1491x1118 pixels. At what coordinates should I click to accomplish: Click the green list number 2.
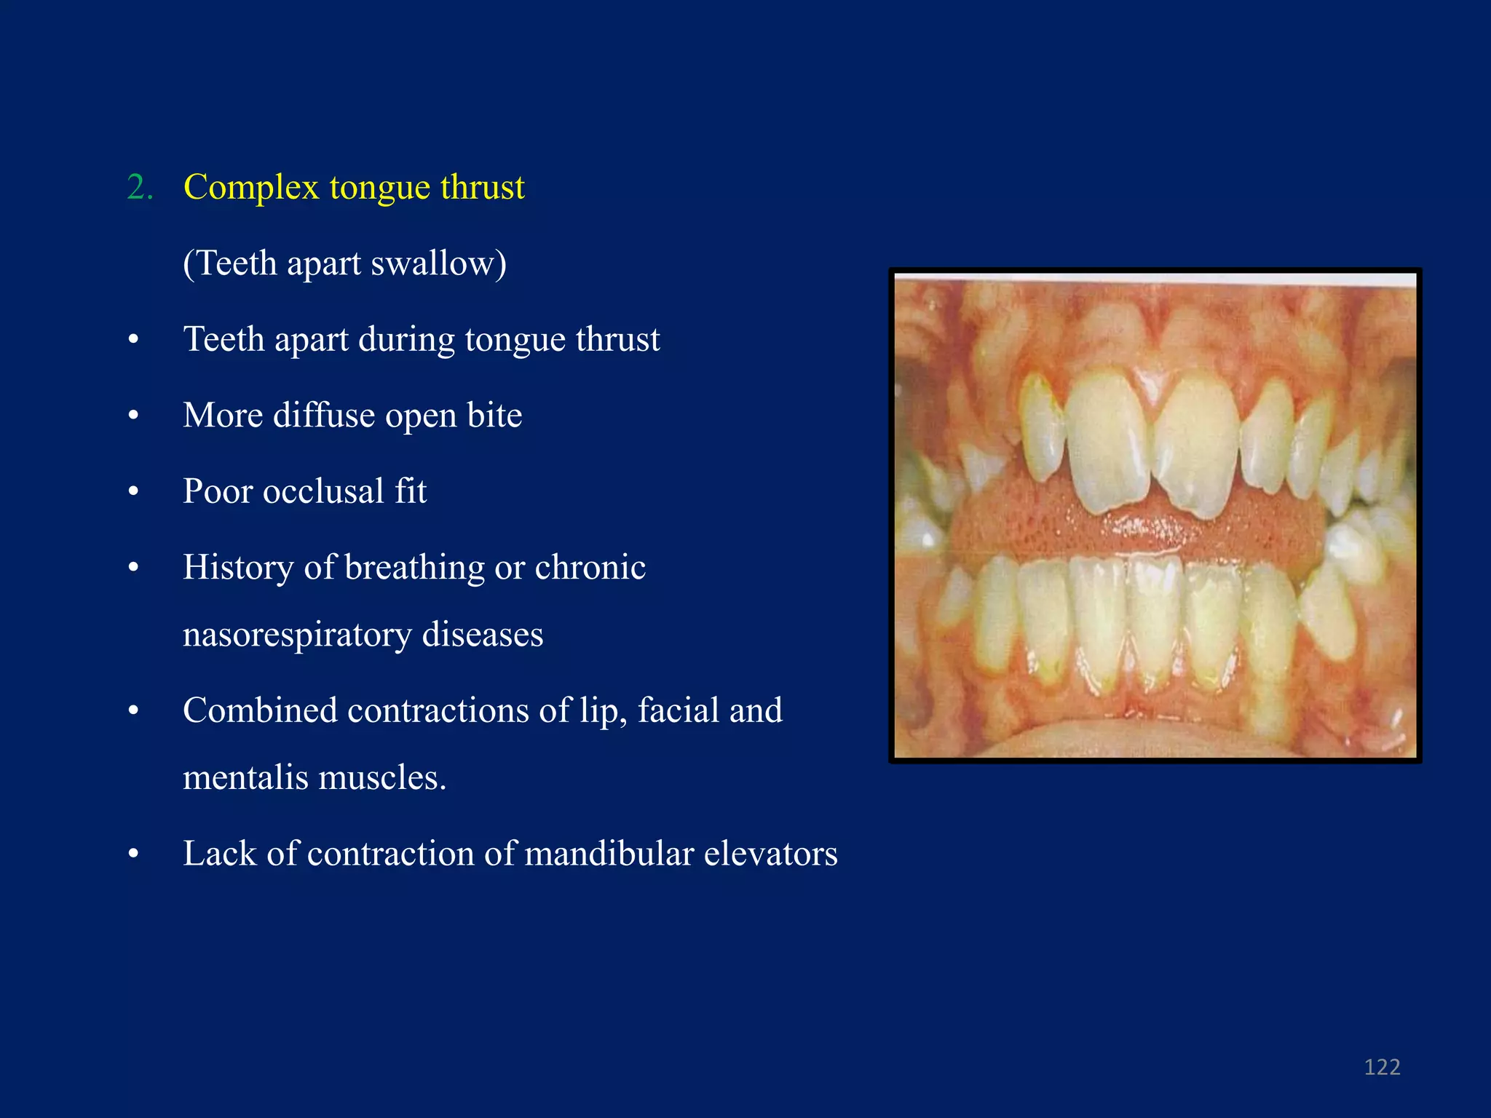point(140,188)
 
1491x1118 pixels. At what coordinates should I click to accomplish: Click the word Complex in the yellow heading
point(251,188)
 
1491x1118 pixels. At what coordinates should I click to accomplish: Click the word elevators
point(770,854)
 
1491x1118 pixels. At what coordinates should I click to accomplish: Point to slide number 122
point(1382,1067)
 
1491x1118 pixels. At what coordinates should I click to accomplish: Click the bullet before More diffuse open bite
point(133,416)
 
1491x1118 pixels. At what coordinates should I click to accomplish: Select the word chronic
point(590,568)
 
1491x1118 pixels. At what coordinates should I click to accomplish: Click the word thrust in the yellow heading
point(482,188)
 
